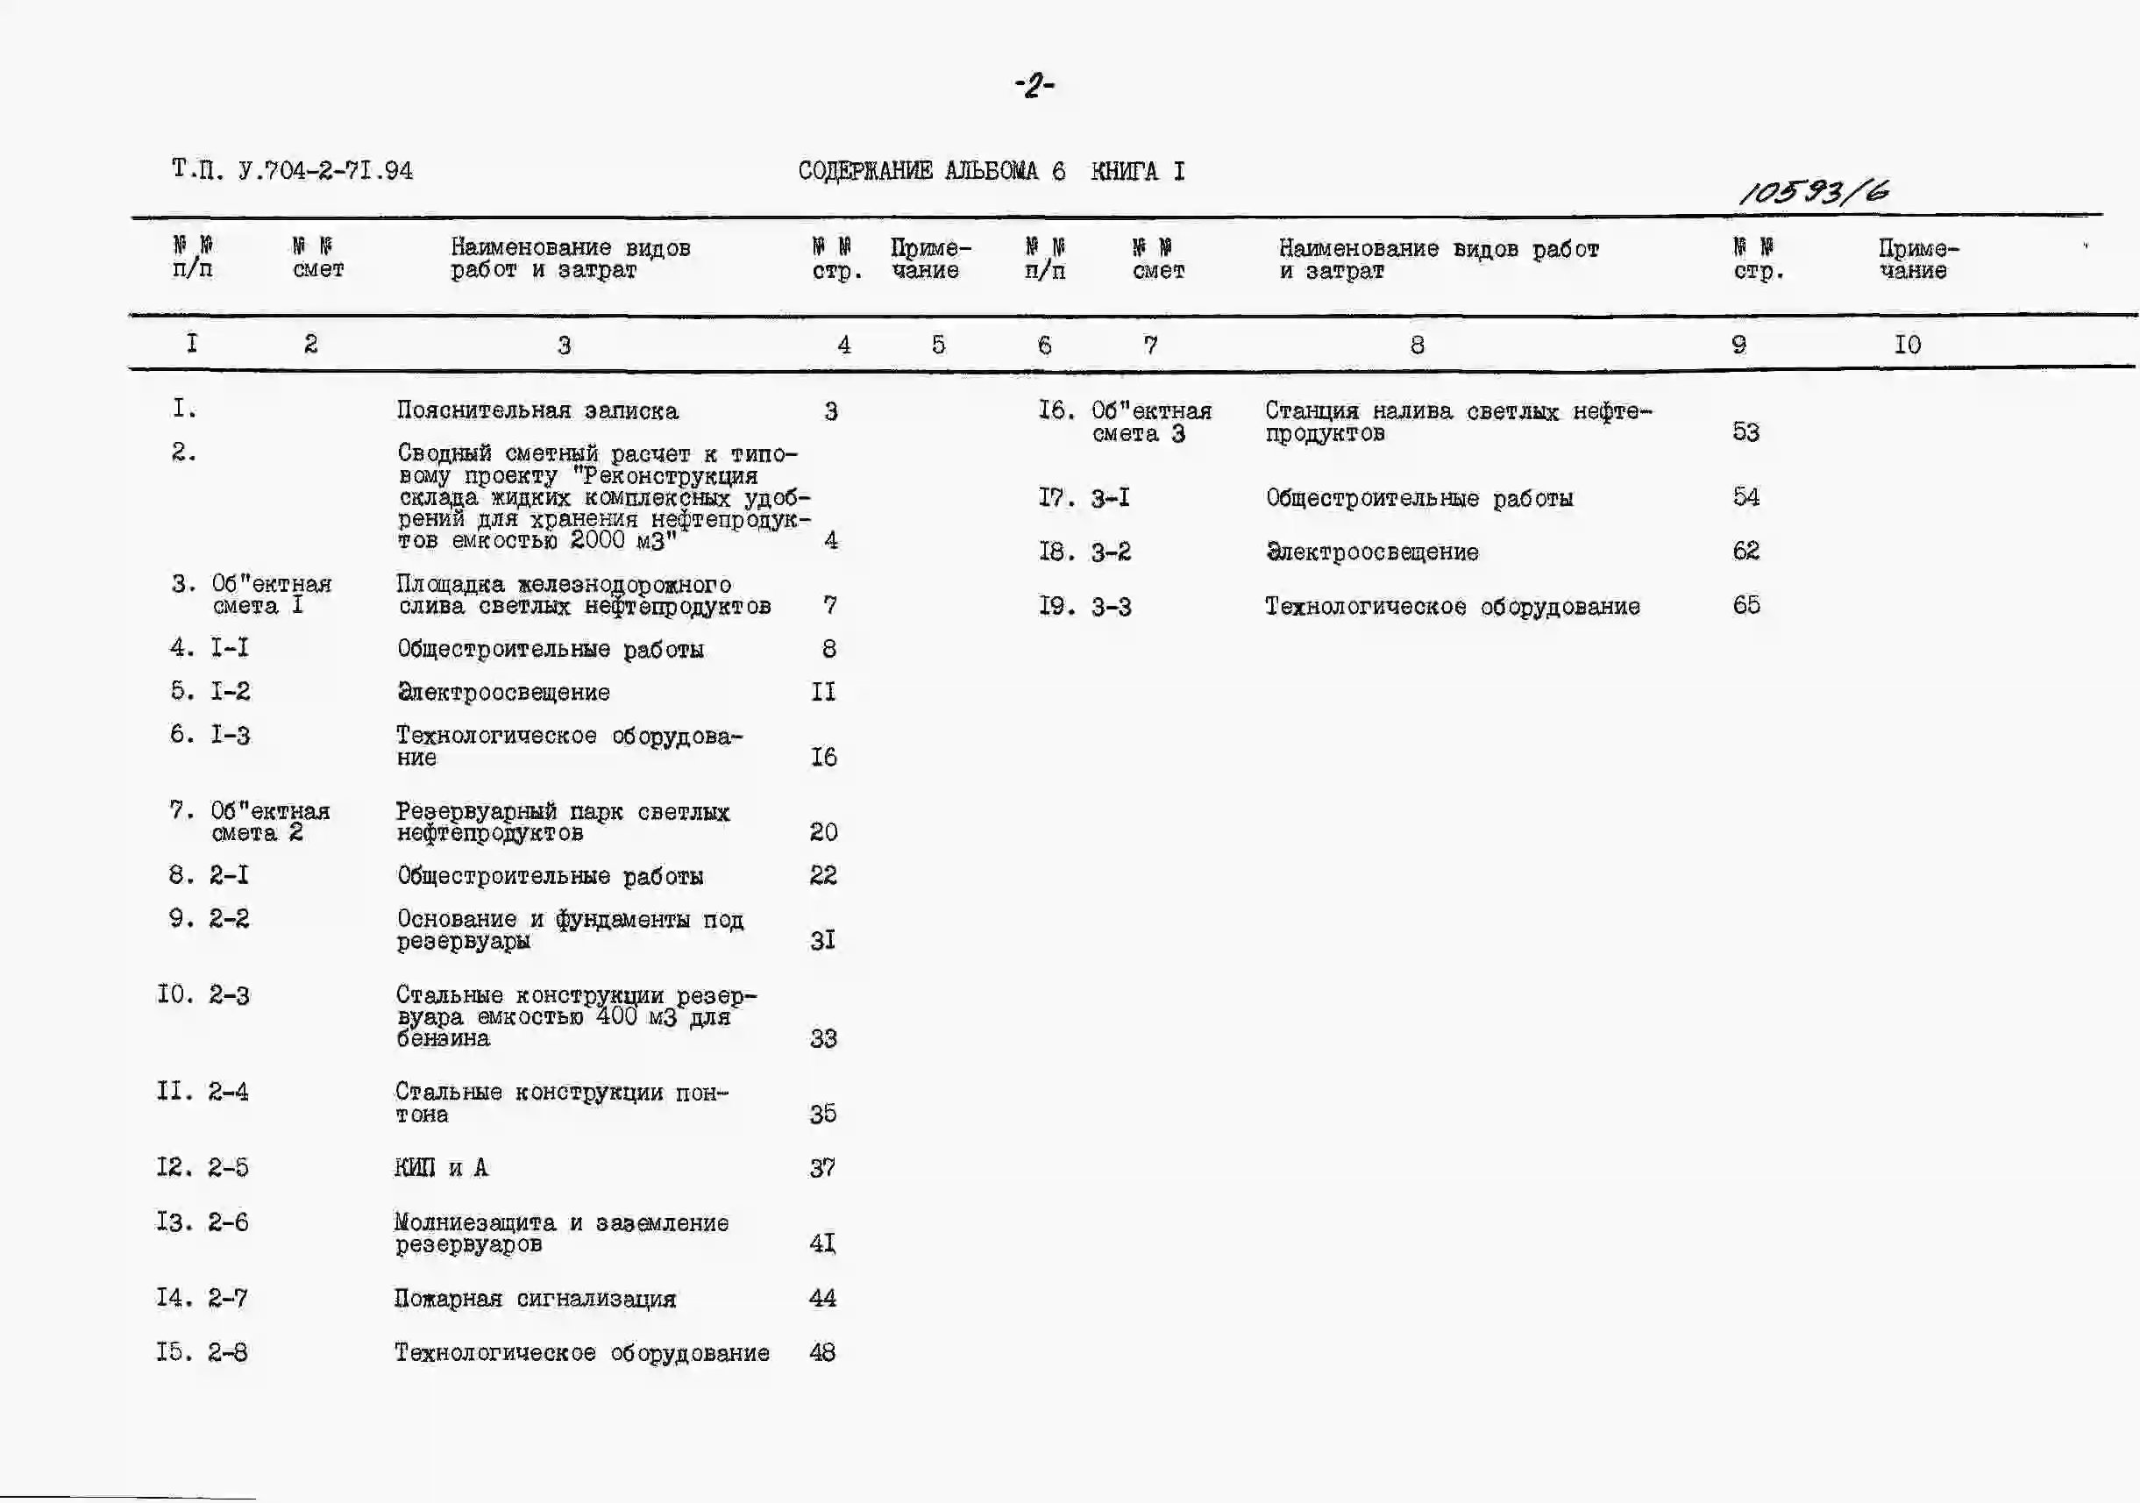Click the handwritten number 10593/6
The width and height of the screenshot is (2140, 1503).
(1814, 191)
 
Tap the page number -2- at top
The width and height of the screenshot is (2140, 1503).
(1034, 87)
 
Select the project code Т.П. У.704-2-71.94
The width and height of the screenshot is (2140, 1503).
(292, 171)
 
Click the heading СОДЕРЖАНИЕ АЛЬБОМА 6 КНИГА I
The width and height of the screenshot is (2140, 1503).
(991, 172)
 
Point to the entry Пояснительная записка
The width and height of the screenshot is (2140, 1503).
(537, 411)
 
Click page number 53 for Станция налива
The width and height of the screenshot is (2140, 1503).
(1745, 432)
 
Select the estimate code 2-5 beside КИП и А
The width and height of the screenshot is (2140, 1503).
(228, 1167)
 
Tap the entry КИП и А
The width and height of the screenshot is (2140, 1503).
(441, 1168)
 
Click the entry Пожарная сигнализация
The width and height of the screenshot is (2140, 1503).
(534, 1299)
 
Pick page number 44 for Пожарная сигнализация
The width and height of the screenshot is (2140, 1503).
(822, 1298)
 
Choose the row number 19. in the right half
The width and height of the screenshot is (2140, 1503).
(1057, 606)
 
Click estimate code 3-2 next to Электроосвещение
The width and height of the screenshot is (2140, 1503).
(1111, 552)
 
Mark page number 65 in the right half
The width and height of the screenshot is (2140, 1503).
(1746, 605)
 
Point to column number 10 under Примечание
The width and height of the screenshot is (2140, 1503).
(1907, 345)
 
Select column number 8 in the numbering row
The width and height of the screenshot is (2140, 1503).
(1417, 345)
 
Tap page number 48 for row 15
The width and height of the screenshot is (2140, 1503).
(822, 1352)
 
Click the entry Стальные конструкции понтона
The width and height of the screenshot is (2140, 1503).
(561, 1103)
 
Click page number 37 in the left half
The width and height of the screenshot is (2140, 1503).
(822, 1167)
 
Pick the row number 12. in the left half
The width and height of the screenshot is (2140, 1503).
(174, 1167)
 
